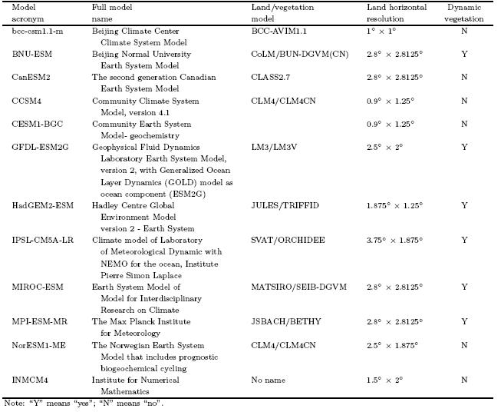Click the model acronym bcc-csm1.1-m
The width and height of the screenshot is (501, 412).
click(x=31, y=32)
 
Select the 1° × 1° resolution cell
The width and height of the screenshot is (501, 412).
click(x=381, y=32)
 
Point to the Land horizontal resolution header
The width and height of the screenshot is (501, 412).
click(x=397, y=12)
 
